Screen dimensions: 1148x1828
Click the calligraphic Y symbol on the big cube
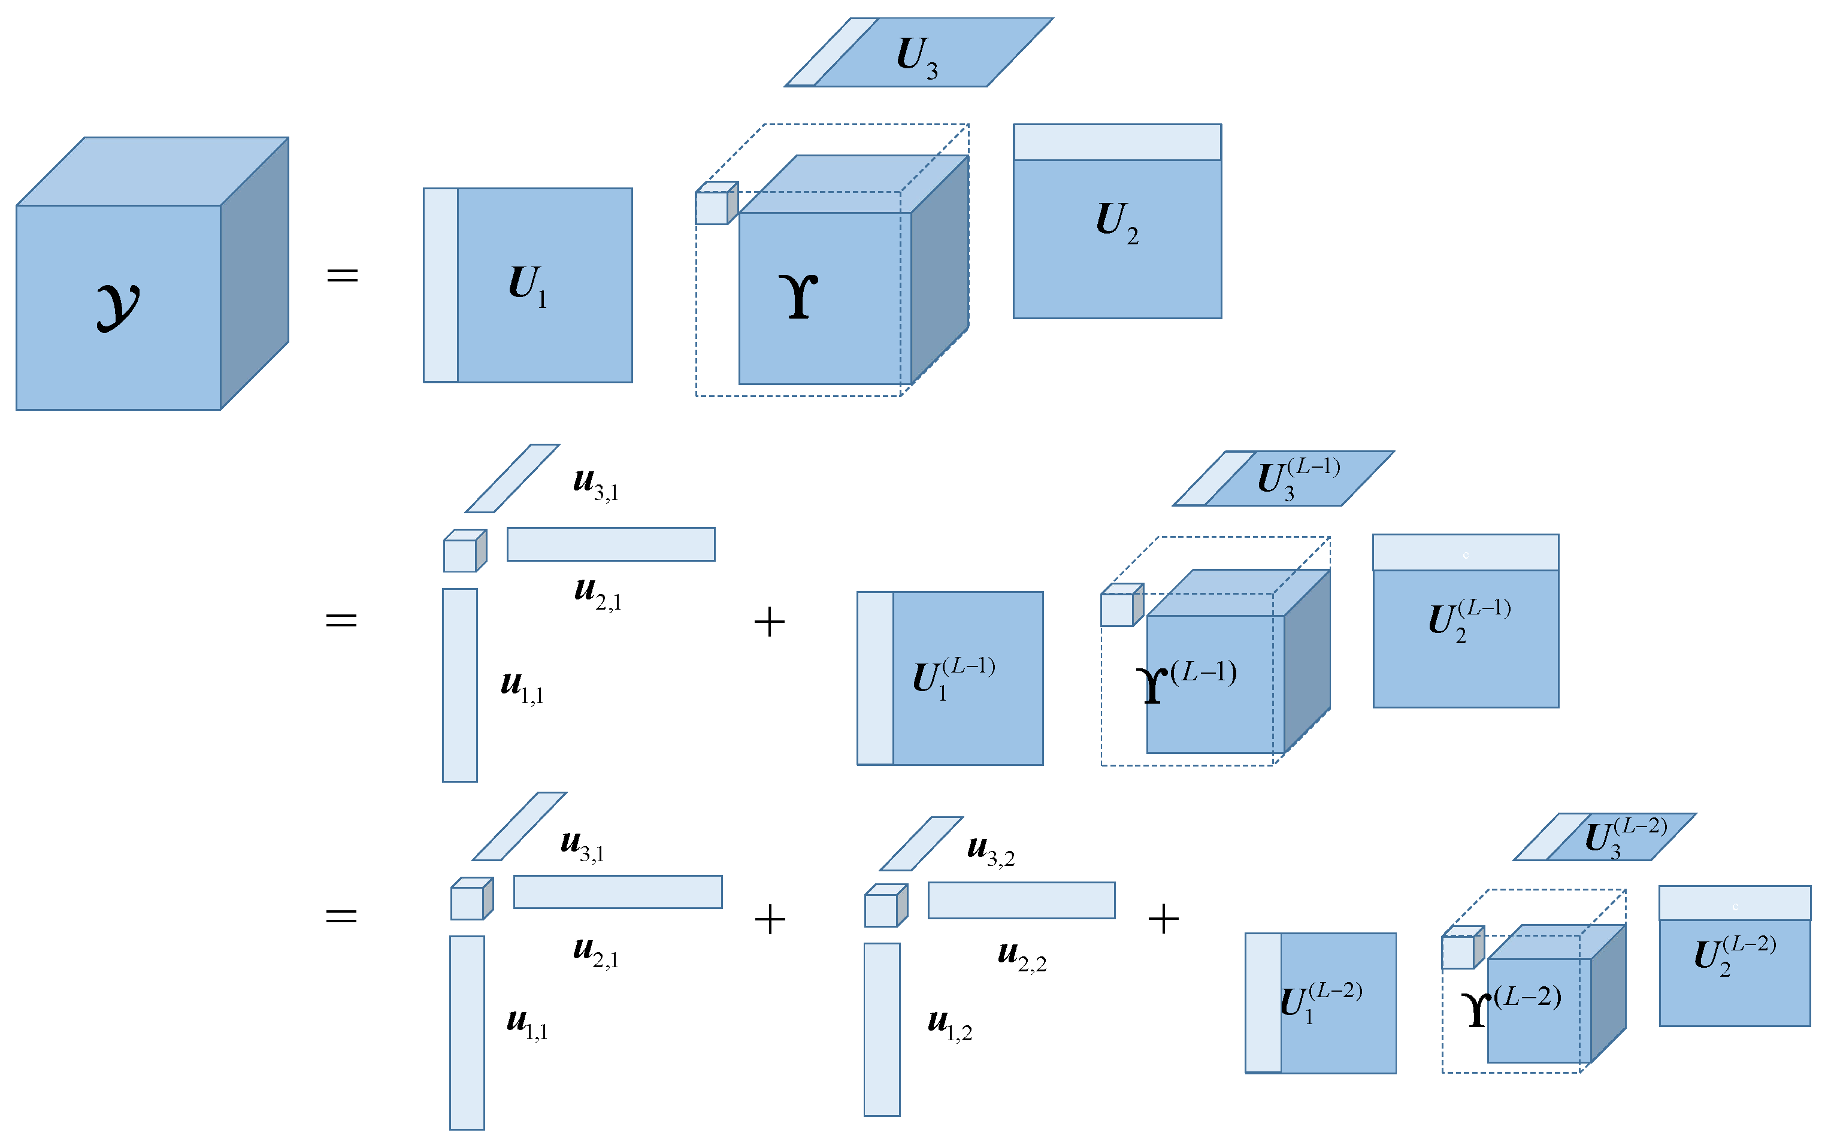[117, 307]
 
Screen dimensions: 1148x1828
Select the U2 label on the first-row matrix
[1116, 222]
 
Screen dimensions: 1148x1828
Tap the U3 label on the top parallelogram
[917, 57]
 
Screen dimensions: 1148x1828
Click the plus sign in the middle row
[769, 621]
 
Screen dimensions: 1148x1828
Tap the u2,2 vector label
[1022, 955]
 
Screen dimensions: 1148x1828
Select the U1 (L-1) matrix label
[953, 677]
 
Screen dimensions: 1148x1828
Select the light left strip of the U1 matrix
[440, 284]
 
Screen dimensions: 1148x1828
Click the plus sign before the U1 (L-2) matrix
[1163, 919]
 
